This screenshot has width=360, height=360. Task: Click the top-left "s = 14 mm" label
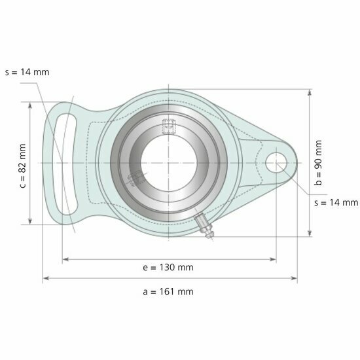click(26, 72)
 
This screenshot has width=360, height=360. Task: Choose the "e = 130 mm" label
click(168, 267)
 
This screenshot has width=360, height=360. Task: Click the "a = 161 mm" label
click(168, 291)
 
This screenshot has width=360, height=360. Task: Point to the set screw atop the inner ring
click(168, 126)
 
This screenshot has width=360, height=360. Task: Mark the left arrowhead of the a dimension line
click(46, 279)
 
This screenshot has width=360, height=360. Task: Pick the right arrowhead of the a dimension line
click(294, 279)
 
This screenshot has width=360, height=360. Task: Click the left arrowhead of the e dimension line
click(65, 260)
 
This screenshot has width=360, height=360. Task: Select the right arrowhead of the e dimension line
click(273, 260)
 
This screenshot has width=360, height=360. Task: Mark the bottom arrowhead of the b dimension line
click(309, 232)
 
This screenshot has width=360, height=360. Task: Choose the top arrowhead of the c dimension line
click(30, 105)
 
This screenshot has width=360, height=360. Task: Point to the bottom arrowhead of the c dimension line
click(30, 221)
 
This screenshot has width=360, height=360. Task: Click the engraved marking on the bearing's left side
click(136, 177)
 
